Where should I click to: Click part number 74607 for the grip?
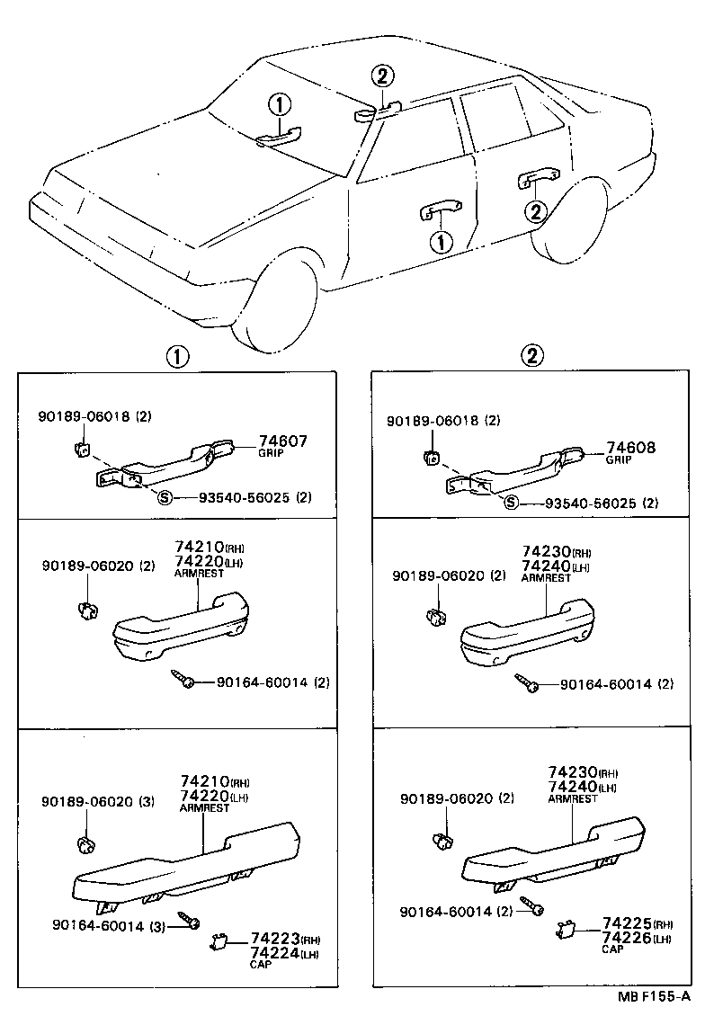click(282, 441)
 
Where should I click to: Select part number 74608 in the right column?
click(630, 447)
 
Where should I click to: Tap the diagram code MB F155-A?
click(654, 997)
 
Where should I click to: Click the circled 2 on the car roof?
click(382, 76)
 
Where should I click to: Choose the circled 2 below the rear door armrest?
click(535, 212)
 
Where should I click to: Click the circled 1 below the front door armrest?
click(441, 240)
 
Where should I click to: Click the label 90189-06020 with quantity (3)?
click(98, 801)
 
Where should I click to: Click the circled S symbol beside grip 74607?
click(165, 498)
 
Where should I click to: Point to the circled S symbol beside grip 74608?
click(511, 502)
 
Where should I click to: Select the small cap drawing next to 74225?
click(567, 930)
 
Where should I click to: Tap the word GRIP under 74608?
click(618, 460)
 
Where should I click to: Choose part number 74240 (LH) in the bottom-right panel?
click(571, 787)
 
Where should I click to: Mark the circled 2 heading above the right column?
click(532, 356)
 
